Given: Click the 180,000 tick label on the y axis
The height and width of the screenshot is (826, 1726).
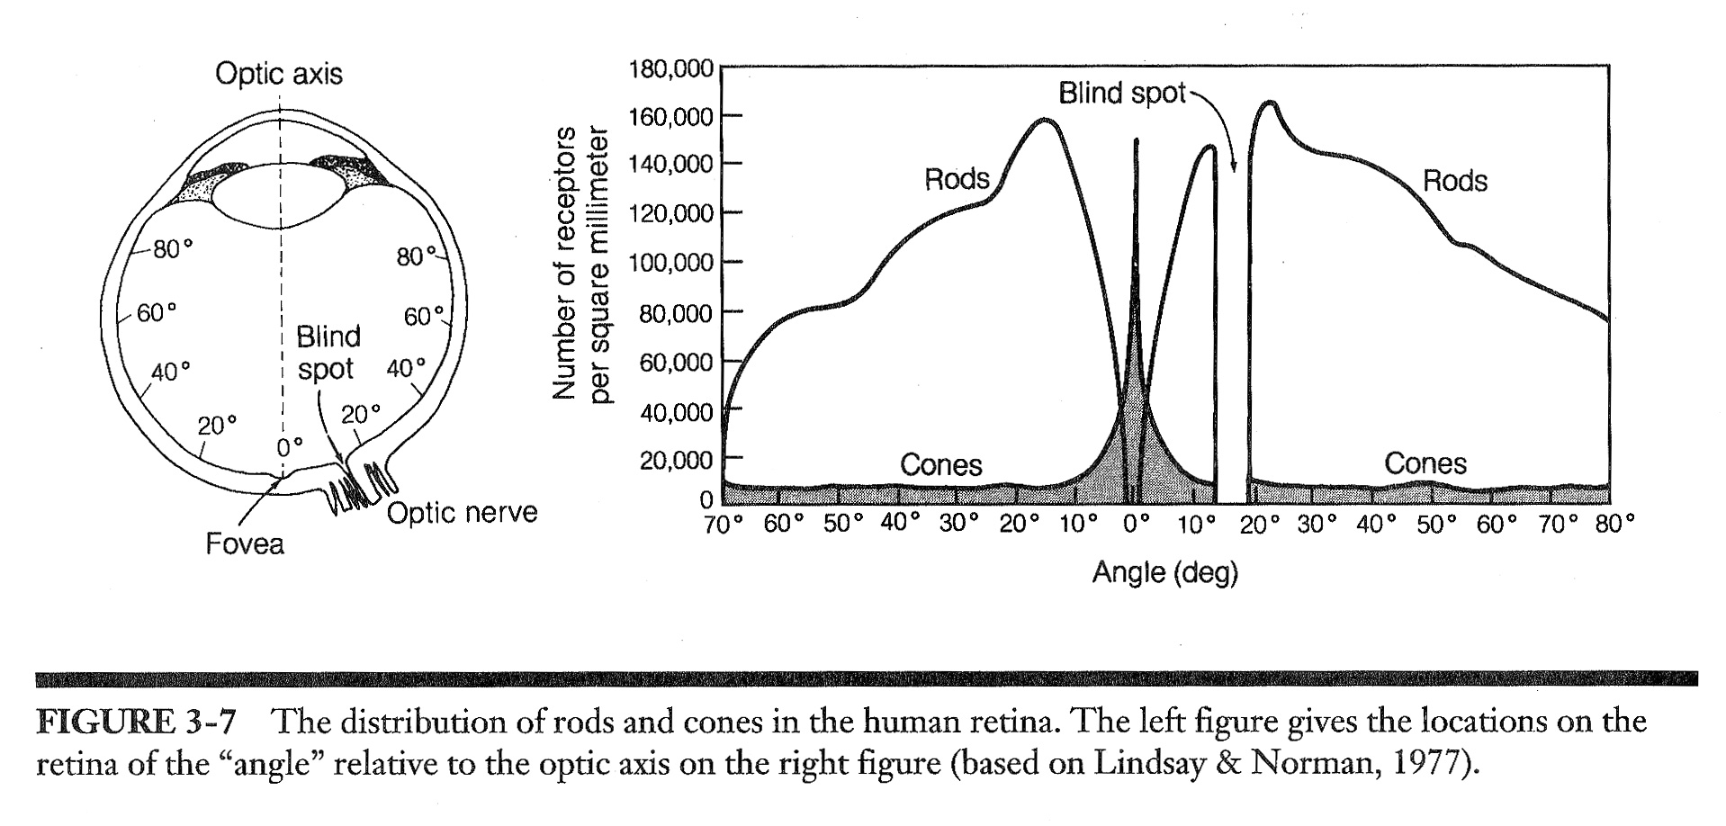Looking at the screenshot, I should (x=670, y=69).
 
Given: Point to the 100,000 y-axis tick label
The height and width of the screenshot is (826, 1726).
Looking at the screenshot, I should (x=670, y=263).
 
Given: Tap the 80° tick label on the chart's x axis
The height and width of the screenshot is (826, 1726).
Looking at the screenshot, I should (x=1614, y=525).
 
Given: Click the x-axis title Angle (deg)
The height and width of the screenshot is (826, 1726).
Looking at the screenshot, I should (x=1164, y=572).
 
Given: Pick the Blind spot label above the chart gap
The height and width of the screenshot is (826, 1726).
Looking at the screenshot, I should (x=1121, y=93).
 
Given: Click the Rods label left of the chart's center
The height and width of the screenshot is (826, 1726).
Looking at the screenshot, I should (x=957, y=179).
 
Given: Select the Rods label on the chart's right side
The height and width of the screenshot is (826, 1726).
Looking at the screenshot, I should (x=1454, y=181).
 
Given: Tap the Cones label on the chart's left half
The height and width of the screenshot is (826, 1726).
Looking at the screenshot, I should (x=940, y=464).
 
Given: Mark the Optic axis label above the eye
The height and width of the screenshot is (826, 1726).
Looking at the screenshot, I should (x=279, y=74).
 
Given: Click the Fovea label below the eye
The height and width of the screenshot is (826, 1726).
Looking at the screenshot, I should (x=245, y=543).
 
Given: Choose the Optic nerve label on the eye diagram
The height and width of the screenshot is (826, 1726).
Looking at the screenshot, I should (x=462, y=513).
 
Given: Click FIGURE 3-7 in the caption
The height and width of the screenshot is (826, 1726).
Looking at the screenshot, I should (x=136, y=722).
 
